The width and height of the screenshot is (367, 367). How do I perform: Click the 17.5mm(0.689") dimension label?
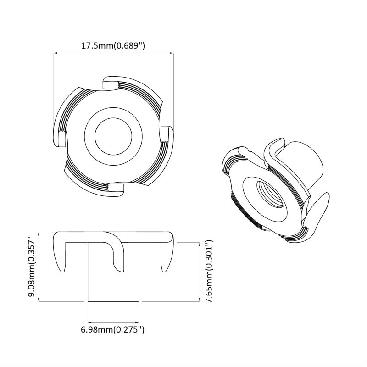113,45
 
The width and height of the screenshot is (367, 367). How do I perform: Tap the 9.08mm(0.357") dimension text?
31,267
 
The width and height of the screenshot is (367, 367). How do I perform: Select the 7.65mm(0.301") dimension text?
209,271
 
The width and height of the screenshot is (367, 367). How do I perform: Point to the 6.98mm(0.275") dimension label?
112,330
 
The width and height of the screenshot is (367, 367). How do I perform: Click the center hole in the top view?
113,136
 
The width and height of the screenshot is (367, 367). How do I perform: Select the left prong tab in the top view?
60,139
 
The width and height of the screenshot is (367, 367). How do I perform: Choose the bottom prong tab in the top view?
116,190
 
